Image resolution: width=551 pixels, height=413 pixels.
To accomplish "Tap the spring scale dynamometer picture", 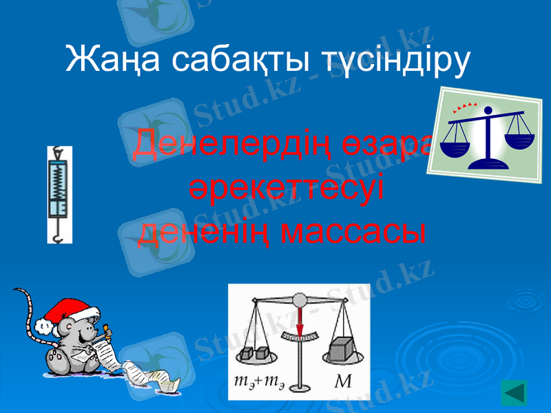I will click(60, 194).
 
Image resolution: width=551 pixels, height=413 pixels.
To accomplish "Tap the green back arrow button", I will click(514, 392).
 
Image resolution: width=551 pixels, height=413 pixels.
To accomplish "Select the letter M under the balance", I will click(342, 381).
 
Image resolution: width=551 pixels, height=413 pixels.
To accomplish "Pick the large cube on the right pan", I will click(342, 349).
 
